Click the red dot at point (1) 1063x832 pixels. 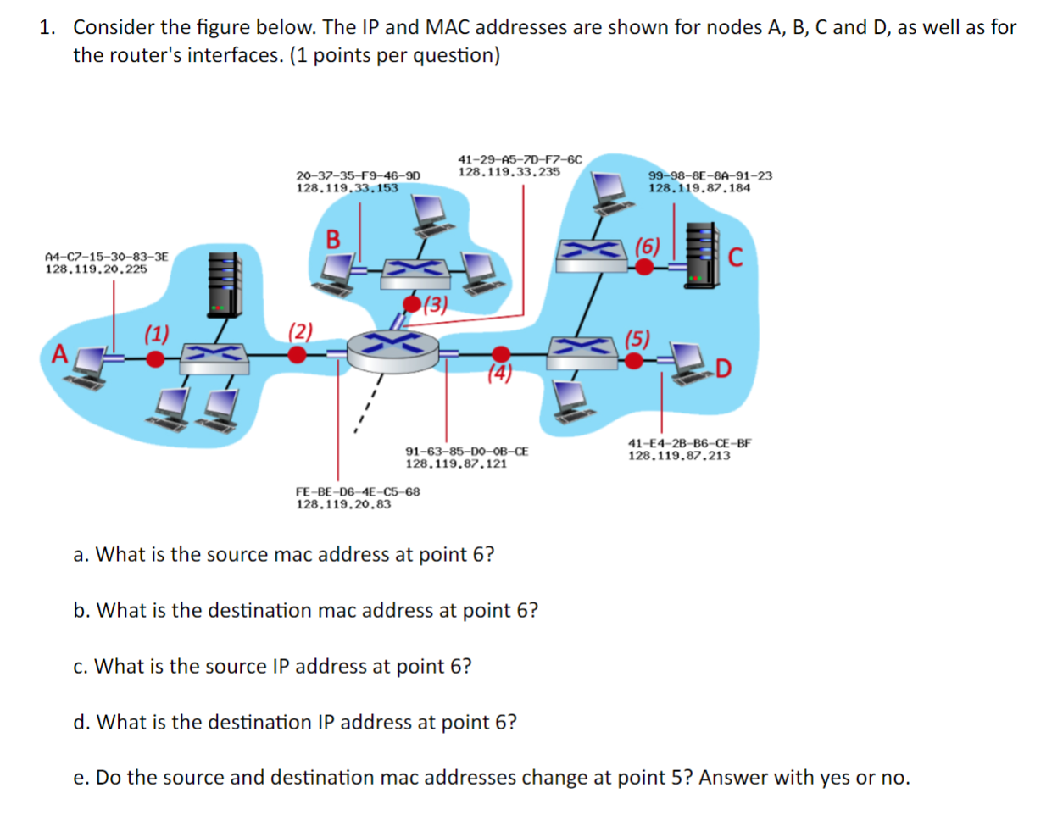[155, 359]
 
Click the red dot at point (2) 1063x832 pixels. [297, 355]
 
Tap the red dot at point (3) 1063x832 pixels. [412, 304]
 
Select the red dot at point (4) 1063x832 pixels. [501, 354]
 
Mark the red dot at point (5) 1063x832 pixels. [633, 361]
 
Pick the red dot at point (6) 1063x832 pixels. [644, 267]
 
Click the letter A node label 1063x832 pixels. [59, 353]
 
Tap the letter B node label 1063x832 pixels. [333, 240]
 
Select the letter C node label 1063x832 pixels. [735, 257]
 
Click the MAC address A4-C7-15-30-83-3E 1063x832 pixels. [107, 256]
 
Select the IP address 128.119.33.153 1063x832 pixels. [347, 188]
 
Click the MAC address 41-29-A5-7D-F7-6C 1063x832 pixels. [520, 159]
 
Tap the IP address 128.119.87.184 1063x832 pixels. [699, 188]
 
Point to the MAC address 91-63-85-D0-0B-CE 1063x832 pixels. [466, 452]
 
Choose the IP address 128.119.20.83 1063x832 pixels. [343, 504]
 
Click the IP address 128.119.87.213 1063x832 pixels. [678, 456]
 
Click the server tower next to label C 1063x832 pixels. [700, 256]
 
